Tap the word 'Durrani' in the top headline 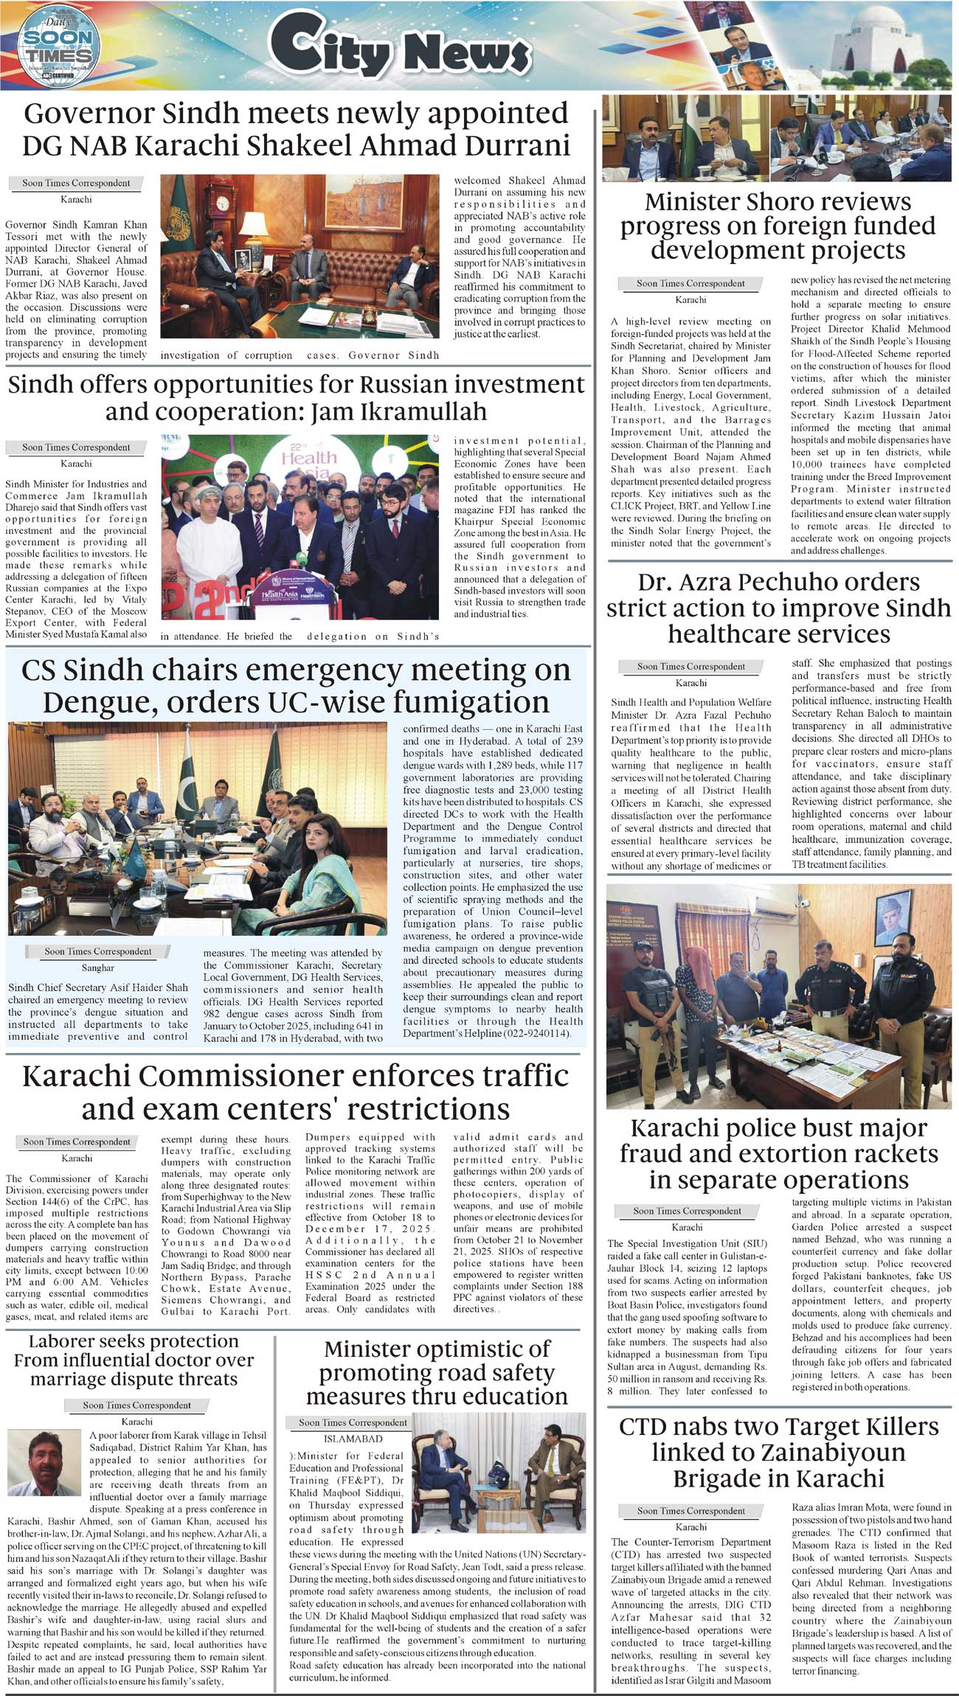tap(508, 145)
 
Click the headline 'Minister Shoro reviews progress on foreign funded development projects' tap(778, 226)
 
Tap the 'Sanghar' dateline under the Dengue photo tap(97, 967)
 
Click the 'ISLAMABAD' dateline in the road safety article tap(353, 1439)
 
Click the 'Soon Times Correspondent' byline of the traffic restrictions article tap(77, 1142)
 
